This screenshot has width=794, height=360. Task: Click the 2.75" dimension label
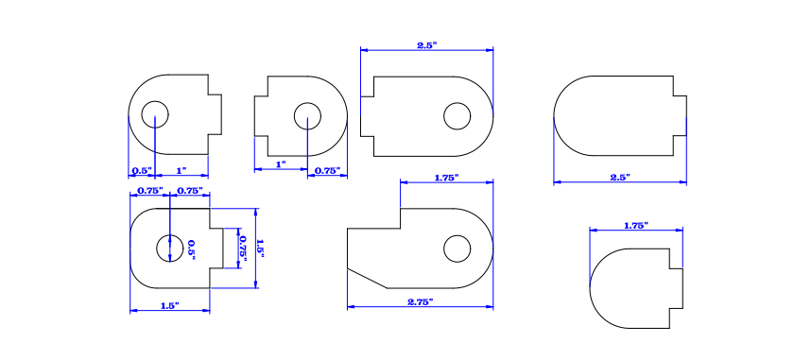tap(420, 301)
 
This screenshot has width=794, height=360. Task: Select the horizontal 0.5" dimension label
tap(142, 171)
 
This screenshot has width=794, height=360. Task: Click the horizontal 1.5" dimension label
tap(169, 305)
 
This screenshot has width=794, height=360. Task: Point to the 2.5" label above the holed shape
tap(427, 45)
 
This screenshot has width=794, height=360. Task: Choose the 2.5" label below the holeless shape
tap(620, 177)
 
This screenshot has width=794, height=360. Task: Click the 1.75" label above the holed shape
tap(446, 177)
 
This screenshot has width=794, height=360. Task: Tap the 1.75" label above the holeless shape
tap(636, 225)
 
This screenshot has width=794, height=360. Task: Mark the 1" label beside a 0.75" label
tap(280, 164)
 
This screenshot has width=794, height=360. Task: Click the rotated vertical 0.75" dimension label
tap(242, 248)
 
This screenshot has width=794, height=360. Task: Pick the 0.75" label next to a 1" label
tap(327, 171)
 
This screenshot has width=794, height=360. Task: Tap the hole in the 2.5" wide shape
tap(457, 116)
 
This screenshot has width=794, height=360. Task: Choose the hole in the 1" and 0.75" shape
tap(307, 116)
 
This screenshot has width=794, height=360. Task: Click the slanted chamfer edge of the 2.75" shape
tap(367, 278)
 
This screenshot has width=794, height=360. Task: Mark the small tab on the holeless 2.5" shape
tap(681, 116)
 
